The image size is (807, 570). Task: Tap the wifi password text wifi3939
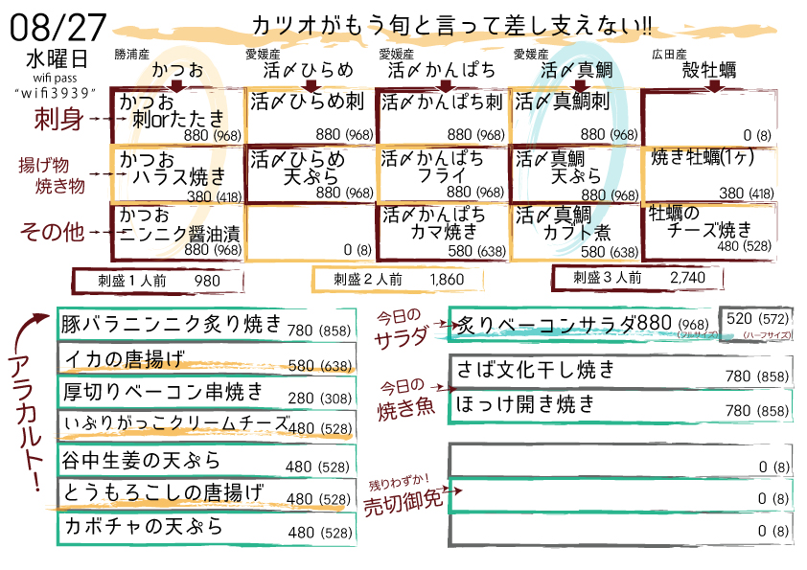55,93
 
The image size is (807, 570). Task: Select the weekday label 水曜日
58,59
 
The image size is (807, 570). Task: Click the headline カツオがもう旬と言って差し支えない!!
451,26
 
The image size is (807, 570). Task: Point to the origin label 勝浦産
131,54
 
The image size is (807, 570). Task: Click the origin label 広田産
669,54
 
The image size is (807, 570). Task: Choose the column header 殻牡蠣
709,69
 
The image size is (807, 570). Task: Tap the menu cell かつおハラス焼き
177,174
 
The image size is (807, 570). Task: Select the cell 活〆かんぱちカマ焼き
442,232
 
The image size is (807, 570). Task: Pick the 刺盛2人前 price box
398,280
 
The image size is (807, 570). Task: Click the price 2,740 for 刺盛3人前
687,278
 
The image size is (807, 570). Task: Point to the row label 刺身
58,120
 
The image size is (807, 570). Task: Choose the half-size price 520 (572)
757,319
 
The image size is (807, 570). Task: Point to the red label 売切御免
403,502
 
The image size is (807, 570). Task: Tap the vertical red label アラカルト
25,422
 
